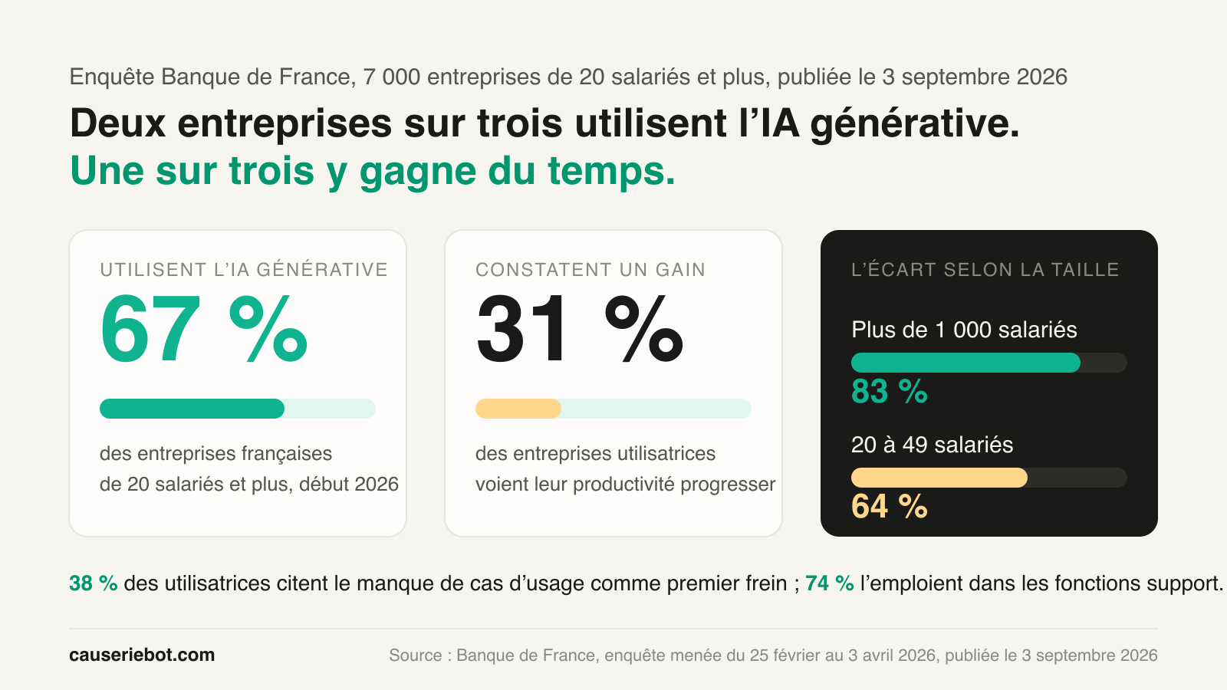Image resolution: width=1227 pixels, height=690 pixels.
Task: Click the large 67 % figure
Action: [204, 329]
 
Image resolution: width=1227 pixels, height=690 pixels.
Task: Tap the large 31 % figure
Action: [580, 329]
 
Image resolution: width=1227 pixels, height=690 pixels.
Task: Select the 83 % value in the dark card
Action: [889, 391]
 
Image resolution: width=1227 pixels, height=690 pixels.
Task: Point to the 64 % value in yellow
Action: [889, 506]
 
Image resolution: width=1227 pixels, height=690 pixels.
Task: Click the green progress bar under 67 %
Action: [192, 409]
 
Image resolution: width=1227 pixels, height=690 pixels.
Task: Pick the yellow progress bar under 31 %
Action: [518, 409]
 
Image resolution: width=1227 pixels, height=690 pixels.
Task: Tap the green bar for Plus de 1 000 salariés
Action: [965, 363]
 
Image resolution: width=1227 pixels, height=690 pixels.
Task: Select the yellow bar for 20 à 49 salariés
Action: [939, 478]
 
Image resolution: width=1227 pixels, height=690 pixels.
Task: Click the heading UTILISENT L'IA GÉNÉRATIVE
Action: [244, 269]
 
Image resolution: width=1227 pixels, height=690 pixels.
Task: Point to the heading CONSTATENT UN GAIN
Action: [590, 269]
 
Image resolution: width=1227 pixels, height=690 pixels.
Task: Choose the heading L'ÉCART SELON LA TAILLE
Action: [985, 269]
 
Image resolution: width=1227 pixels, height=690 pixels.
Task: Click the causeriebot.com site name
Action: [142, 655]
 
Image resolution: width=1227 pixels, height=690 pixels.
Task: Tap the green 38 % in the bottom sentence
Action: [93, 583]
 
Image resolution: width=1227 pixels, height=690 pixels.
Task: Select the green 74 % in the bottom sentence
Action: [829, 583]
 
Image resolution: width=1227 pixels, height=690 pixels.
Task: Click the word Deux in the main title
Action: [118, 123]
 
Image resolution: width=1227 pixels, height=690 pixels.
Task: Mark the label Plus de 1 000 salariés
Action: [964, 330]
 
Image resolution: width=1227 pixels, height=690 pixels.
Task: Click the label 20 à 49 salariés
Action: [932, 445]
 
